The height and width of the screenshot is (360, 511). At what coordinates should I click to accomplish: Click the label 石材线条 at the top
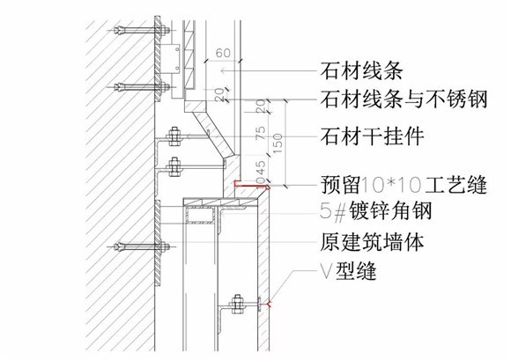click(x=361, y=71)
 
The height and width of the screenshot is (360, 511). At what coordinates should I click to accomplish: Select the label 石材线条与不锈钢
click(x=404, y=99)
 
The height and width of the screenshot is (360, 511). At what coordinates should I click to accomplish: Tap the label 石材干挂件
click(x=372, y=136)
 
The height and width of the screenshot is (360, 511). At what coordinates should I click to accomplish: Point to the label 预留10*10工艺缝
click(x=404, y=185)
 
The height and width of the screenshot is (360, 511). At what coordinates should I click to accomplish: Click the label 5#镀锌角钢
click(x=375, y=211)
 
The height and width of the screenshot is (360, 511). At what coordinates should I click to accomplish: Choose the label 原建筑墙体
click(x=372, y=242)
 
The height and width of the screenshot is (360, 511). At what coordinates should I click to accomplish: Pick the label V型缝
click(x=348, y=271)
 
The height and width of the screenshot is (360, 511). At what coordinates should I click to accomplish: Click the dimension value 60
click(x=223, y=53)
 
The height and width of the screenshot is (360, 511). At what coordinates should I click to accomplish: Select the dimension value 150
click(x=278, y=143)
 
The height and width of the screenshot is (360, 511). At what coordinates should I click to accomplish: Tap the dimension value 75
click(x=262, y=133)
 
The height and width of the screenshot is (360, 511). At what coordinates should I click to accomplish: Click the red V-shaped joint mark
click(x=270, y=305)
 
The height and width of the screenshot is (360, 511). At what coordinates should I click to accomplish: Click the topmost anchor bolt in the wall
click(x=139, y=31)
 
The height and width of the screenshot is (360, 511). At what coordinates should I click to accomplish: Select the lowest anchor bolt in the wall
click(x=139, y=246)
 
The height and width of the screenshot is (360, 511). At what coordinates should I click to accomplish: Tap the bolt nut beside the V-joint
click(x=237, y=304)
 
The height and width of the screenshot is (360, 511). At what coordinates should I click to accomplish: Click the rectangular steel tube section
click(x=199, y=217)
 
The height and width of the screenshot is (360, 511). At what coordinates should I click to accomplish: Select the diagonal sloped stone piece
click(x=216, y=134)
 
